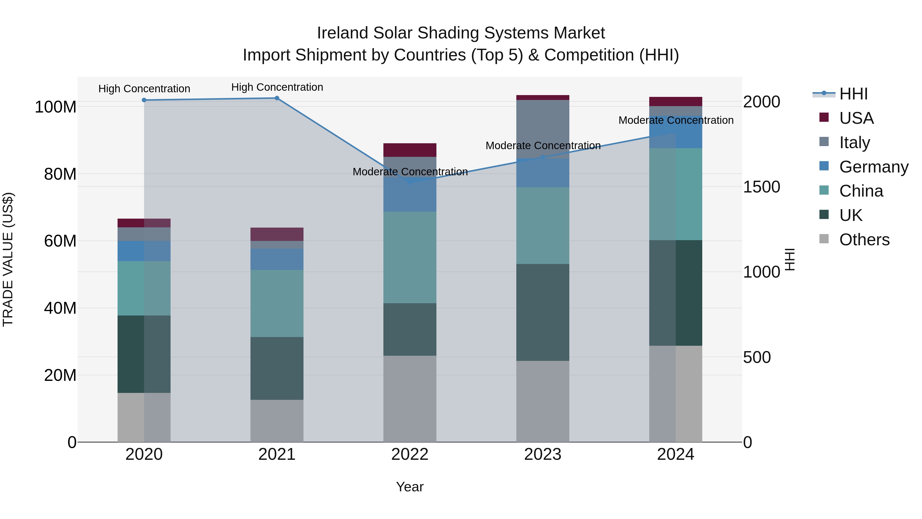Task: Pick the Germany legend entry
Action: coord(873,167)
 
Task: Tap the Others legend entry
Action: coord(864,240)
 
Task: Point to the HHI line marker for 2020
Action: coord(144,100)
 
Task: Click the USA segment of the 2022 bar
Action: coord(410,150)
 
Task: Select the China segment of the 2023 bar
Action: coord(543,226)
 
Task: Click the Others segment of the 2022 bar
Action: coord(410,399)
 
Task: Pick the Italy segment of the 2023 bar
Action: coord(543,129)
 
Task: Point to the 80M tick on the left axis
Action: coord(60,174)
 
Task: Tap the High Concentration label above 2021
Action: coord(277,87)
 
